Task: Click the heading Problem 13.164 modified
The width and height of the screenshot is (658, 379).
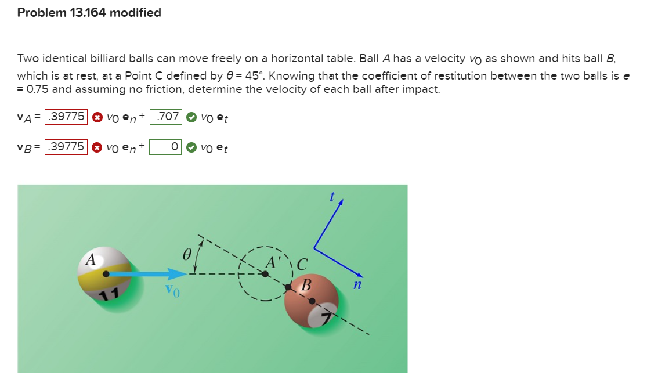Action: coord(89,13)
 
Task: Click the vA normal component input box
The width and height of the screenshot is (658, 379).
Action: coord(66,117)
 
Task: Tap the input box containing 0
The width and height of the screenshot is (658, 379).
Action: coord(167,147)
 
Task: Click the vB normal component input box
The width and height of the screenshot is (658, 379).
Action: coord(66,147)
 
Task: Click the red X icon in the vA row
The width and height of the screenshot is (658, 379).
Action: coord(97,117)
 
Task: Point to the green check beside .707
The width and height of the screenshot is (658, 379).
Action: coord(190,117)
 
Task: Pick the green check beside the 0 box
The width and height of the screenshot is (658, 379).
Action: coord(190,147)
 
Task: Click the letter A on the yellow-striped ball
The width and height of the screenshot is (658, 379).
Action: coord(91,260)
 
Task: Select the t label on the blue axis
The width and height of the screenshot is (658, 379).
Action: coord(332,197)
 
